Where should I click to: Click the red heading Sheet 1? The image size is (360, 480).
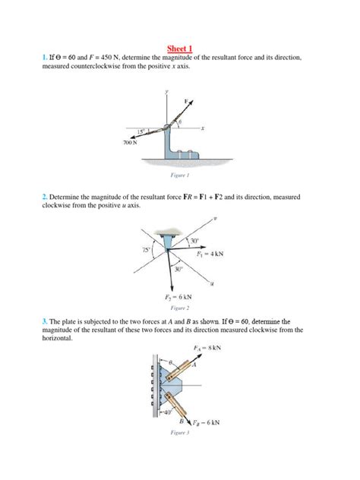point(179,47)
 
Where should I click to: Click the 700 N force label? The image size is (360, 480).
point(131,142)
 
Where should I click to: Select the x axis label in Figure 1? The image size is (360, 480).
point(203,128)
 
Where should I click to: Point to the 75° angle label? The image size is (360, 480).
point(145,248)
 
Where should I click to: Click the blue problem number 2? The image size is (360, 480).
point(45,197)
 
